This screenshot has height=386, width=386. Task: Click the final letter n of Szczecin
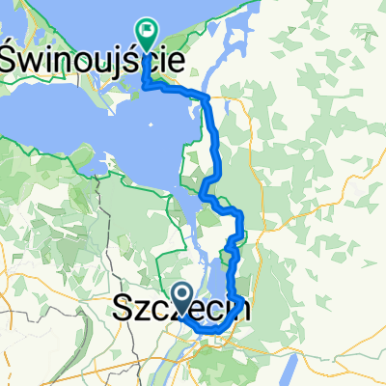(246, 311)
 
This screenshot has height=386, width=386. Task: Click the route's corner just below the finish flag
(147, 86)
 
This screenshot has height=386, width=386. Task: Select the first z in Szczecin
(145, 312)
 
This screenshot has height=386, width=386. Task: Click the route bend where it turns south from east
(206, 96)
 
